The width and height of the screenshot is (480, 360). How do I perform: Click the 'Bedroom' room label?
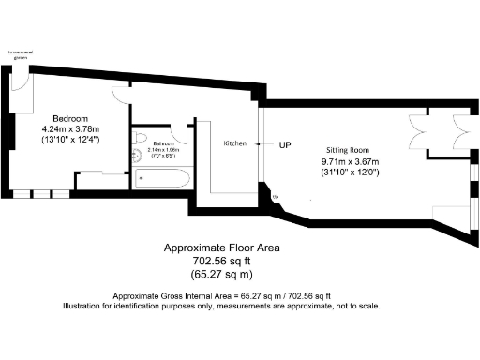[70, 118]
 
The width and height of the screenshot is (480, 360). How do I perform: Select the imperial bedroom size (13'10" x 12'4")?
[70, 140]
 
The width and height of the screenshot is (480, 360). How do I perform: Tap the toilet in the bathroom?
[139, 158]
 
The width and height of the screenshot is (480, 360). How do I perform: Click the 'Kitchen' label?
[234, 143]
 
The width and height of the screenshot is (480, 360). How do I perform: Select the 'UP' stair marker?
[285, 145]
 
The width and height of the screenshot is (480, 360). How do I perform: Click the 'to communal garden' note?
[20, 53]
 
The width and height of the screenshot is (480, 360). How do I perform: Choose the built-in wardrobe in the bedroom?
[100, 181]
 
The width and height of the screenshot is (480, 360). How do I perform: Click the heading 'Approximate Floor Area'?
[222, 248]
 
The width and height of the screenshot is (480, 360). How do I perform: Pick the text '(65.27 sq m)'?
[222, 275]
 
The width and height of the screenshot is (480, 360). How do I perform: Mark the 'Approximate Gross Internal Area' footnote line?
[222, 295]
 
